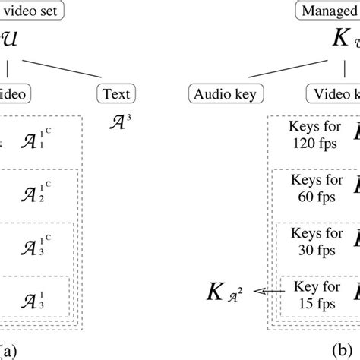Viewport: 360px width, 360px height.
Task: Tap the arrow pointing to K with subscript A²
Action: (267, 290)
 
